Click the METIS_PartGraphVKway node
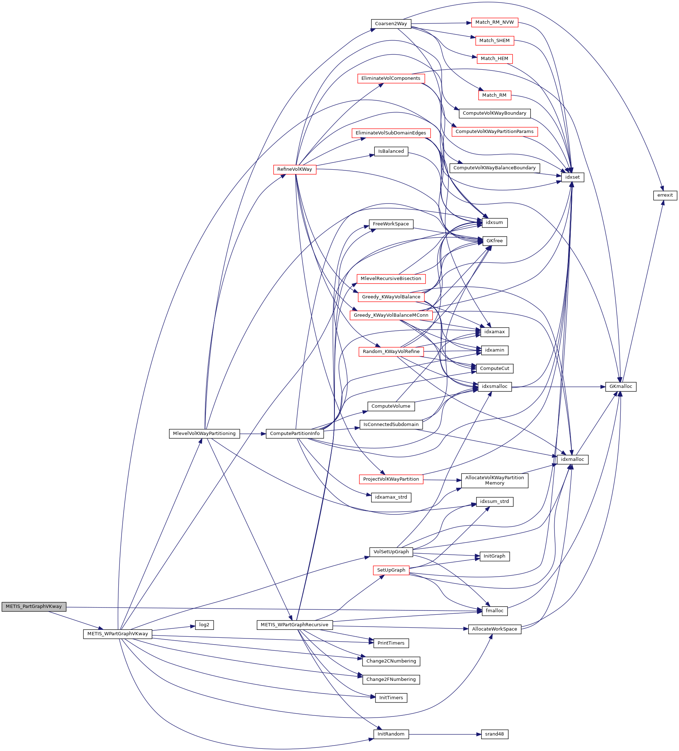coord(33,606)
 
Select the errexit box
coord(665,195)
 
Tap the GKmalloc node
coord(620,387)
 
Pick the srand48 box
coord(494,734)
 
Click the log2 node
coord(204,625)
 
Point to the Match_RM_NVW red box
coord(494,22)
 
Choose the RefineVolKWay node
coord(295,169)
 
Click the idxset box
coord(572,177)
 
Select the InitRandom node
coord(391,734)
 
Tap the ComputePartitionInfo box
coord(295,434)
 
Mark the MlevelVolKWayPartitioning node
coord(204,434)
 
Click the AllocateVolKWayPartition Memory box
coord(494,481)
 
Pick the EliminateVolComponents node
coord(391,79)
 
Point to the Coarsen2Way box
coord(391,24)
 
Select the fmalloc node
coord(494,611)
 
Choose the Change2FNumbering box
coord(391,679)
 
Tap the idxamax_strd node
coord(391,497)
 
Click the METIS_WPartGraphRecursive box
coord(295,625)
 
